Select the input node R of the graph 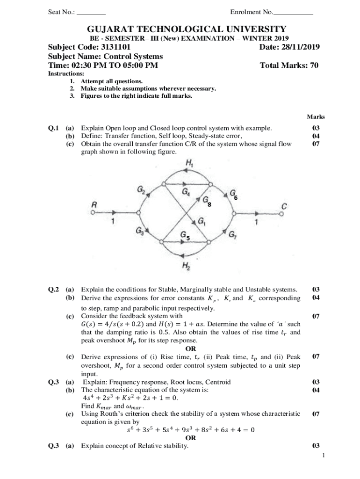pyautogui.click(x=94, y=205)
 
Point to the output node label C pyautogui.click(x=284, y=206)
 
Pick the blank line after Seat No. pyautogui.click(x=92, y=12)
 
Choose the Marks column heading pyautogui.click(x=316, y=116)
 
